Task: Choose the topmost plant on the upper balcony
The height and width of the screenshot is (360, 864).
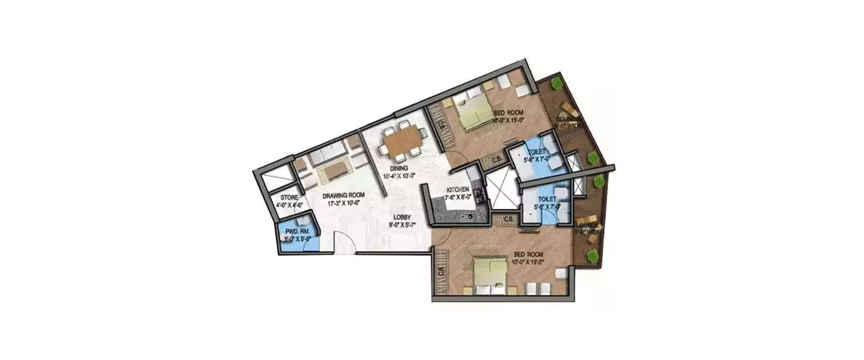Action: (x=556, y=84)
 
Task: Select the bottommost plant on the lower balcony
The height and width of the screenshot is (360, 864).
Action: (x=591, y=254)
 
